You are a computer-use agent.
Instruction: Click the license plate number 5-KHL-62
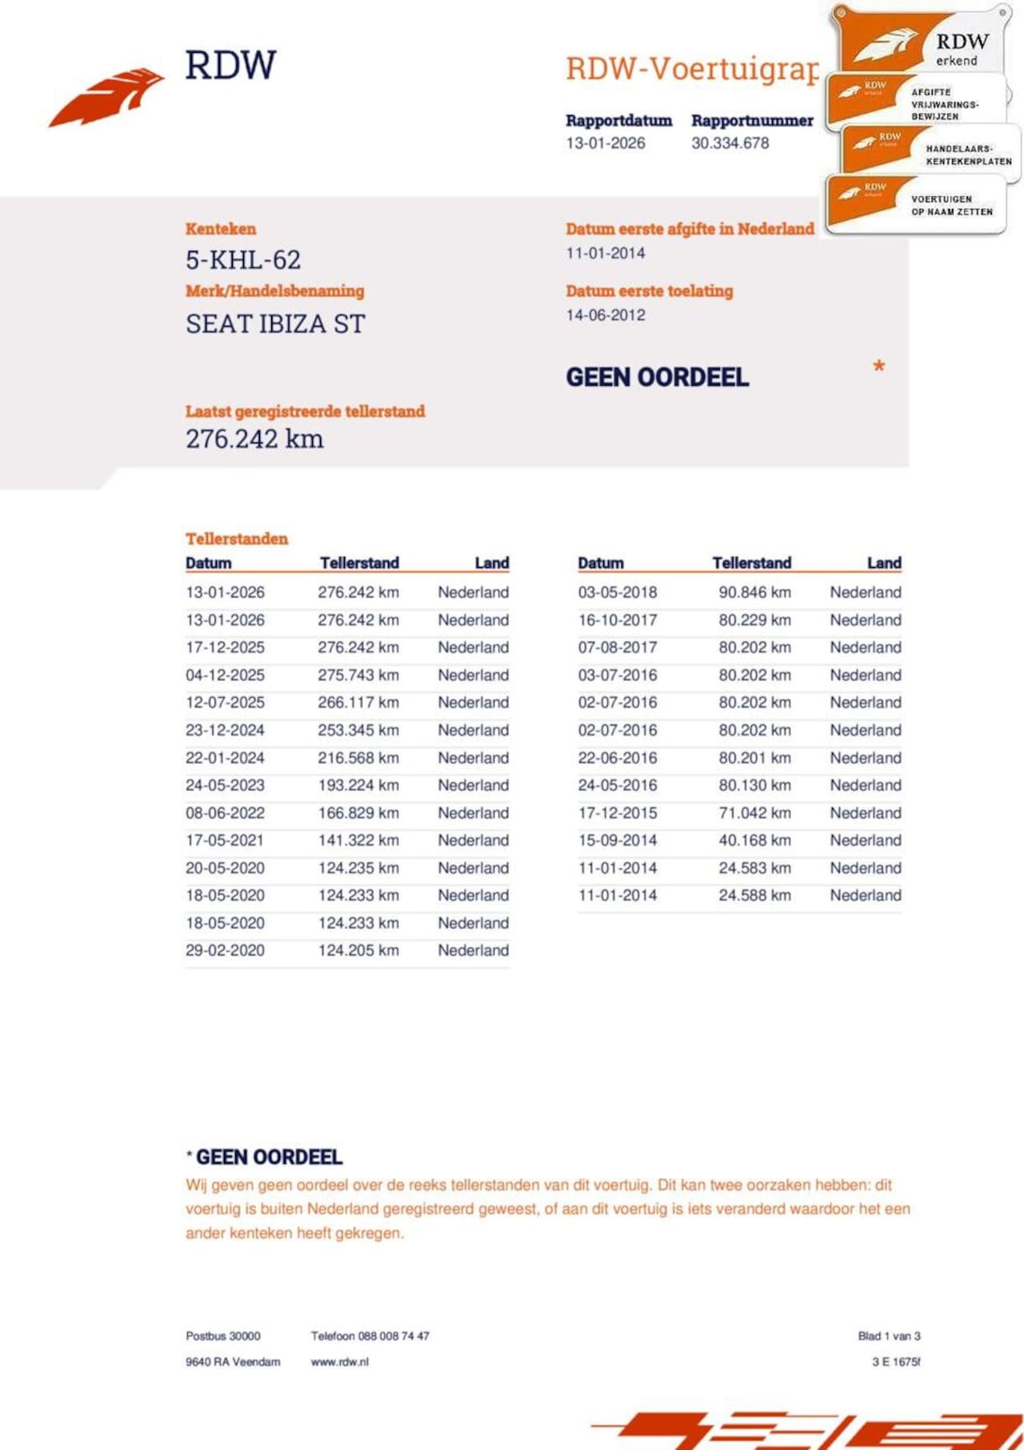(x=243, y=260)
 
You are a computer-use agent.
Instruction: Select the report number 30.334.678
(x=730, y=143)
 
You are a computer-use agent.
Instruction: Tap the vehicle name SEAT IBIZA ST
(x=275, y=324)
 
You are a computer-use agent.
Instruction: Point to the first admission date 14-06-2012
(x=605, y=315)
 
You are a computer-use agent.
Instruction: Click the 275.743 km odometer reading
(x=358, y=675)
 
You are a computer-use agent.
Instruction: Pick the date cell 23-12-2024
(x=225, y=731)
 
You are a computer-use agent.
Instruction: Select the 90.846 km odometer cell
(x=754, y=593)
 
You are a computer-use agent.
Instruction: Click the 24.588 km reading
(x=754, y=895)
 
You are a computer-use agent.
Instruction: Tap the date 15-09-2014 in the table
(x=617, y=840)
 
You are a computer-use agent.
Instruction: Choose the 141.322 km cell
(x=358, y=840)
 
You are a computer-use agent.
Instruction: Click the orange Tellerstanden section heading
(x=236, y=539)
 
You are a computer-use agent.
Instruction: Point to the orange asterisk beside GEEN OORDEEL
(x=878, y=367)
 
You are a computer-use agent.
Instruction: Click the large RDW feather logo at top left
(x=107, y=97)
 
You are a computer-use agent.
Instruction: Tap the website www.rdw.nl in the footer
(x=339, y=1362)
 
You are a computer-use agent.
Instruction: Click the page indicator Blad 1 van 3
(x=889, y=1336)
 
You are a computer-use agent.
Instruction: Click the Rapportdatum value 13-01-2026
(x=605, y=143)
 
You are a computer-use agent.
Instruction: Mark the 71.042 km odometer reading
(x=754, y=813)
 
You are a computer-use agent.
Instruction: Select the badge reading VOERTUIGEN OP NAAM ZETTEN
(x=916, y=204)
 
